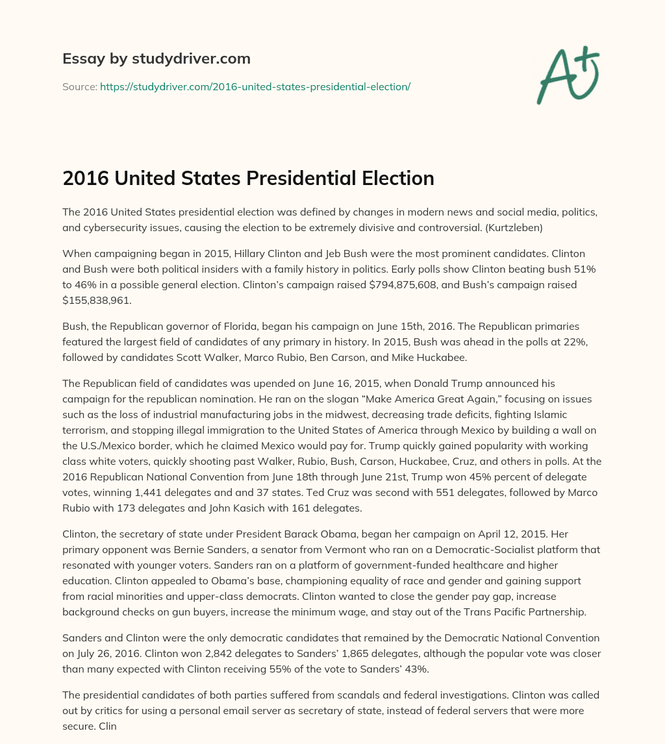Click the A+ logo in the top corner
pos(568,75)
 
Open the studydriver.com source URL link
pos(255,86)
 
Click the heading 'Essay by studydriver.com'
pos(156,58)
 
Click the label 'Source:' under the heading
pos(79,86)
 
